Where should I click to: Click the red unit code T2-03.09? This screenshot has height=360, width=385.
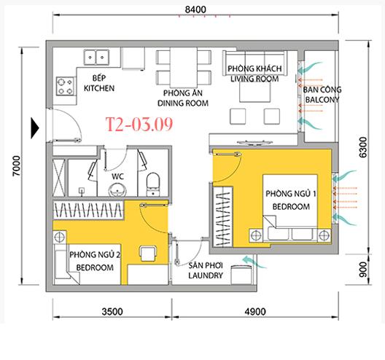[139, 124]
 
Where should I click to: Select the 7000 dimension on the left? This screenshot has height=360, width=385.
[17, 165]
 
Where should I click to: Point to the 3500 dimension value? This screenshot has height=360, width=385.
[112, 312]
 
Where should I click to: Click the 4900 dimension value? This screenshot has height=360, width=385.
[255, 312]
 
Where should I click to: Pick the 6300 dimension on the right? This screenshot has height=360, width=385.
[362, 147]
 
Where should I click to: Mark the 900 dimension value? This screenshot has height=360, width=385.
[362, 270]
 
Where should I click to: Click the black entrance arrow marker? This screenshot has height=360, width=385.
[34, 128]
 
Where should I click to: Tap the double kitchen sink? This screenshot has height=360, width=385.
[96, 58]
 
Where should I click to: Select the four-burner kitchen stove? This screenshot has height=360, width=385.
[66, 87]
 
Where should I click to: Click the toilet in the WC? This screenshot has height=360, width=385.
[153, 184]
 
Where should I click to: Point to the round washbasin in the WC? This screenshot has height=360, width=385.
[117, 189]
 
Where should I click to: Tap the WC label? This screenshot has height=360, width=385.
[117, 176]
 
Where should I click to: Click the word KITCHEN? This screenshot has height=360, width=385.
[99, 88]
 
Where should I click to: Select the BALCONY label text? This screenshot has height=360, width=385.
[322, 100]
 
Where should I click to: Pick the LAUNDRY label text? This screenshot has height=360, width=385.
[206, 275]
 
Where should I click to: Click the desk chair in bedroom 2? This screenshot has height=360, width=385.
[148, 254]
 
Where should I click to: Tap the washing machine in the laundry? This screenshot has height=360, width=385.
[241, 275]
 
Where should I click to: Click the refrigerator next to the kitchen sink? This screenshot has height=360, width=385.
[133, 59]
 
